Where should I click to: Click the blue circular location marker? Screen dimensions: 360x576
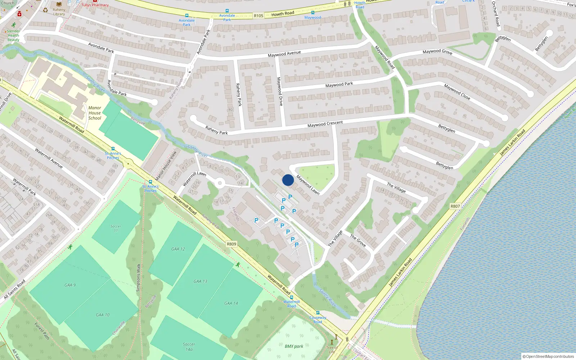click(288, 180)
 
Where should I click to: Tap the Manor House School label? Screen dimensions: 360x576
click(95, 113)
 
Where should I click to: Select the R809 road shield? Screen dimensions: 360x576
click(231, 244)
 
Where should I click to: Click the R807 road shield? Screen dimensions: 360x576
click(455, 206)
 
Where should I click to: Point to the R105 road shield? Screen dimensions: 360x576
click(258, 16)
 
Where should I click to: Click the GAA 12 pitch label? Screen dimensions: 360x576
click(178, 249)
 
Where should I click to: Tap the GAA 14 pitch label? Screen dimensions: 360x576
click(231, 303)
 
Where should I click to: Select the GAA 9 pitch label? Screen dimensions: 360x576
click(70, 285)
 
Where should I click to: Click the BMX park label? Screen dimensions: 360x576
click(294, 346)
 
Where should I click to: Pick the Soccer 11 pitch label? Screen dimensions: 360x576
click(116, 228)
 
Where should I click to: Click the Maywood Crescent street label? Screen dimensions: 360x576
click(325, 124)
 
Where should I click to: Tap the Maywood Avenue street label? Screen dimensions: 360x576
click(284, 54)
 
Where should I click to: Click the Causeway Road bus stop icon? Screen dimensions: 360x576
click(318, 313)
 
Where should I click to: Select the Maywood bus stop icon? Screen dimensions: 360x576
click(312, 13)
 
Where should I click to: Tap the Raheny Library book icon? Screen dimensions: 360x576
click(59, 4)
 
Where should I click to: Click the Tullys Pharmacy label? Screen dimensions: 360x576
click(95, 5)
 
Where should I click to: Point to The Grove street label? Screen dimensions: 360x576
click(358, 240)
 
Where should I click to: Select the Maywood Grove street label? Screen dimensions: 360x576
click(437, 52)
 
